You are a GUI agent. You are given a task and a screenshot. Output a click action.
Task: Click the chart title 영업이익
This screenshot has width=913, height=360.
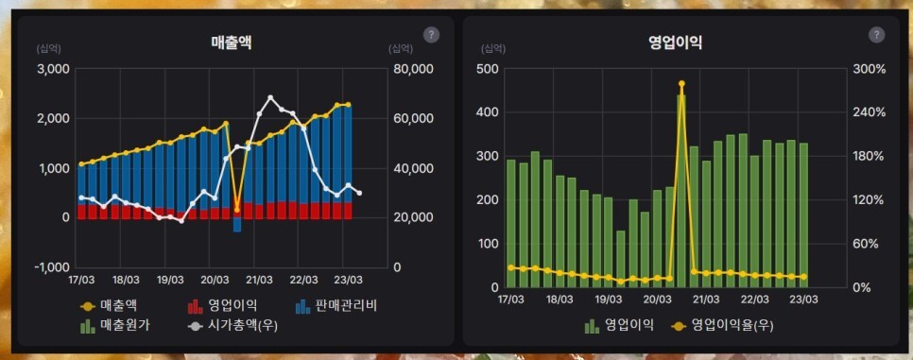tap(675, 42)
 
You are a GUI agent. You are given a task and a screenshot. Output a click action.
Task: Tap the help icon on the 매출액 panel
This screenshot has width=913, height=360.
tap(431, 35)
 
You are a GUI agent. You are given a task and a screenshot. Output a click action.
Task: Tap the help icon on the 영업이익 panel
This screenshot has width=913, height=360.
tap(876, 35)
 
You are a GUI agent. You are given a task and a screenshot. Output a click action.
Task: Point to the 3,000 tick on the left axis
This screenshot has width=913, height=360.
tap(52, 69)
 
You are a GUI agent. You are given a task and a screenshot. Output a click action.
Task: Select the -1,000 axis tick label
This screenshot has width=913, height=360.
tap(51, 267)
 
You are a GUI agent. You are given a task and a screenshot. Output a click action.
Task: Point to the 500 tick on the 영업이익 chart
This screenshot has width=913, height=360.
tap(487, 69)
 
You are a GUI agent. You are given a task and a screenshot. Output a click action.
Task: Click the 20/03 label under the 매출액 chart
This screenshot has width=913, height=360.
tap(215, 280)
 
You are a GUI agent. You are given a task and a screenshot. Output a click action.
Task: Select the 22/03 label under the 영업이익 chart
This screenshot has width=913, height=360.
tap(754, 299)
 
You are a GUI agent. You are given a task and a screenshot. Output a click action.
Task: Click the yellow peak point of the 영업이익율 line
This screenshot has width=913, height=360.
tap(680, 84)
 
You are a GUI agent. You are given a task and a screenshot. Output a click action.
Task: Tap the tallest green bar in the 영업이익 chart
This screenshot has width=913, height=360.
tap(680, 189)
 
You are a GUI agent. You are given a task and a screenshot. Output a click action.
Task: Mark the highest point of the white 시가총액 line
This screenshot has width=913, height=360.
tap(271, 97)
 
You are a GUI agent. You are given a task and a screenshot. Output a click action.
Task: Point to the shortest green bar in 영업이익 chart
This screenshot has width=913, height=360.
tap(621, 259)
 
